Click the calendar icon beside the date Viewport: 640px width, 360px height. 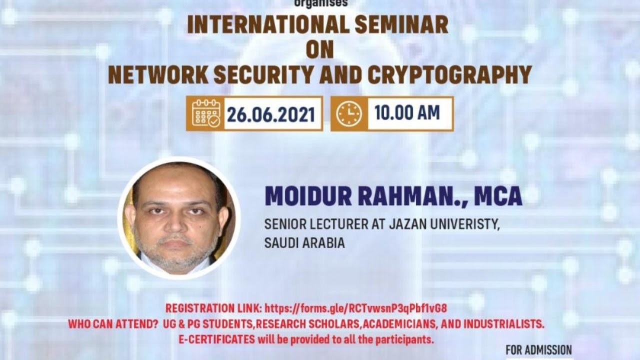pyautogui.click(x=205, y=114)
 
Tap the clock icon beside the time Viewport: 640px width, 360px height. pyautogui.click(x=348, y=114)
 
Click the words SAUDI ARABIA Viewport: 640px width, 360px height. pyautogui.click(x=304, y=243)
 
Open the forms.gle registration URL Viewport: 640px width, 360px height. pyautogui.click(x=355, y=308)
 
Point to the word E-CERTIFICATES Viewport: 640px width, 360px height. pyautogui.click(x=217, y=339)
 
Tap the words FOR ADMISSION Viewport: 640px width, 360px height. pyautogui.click(x=538, y=350)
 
